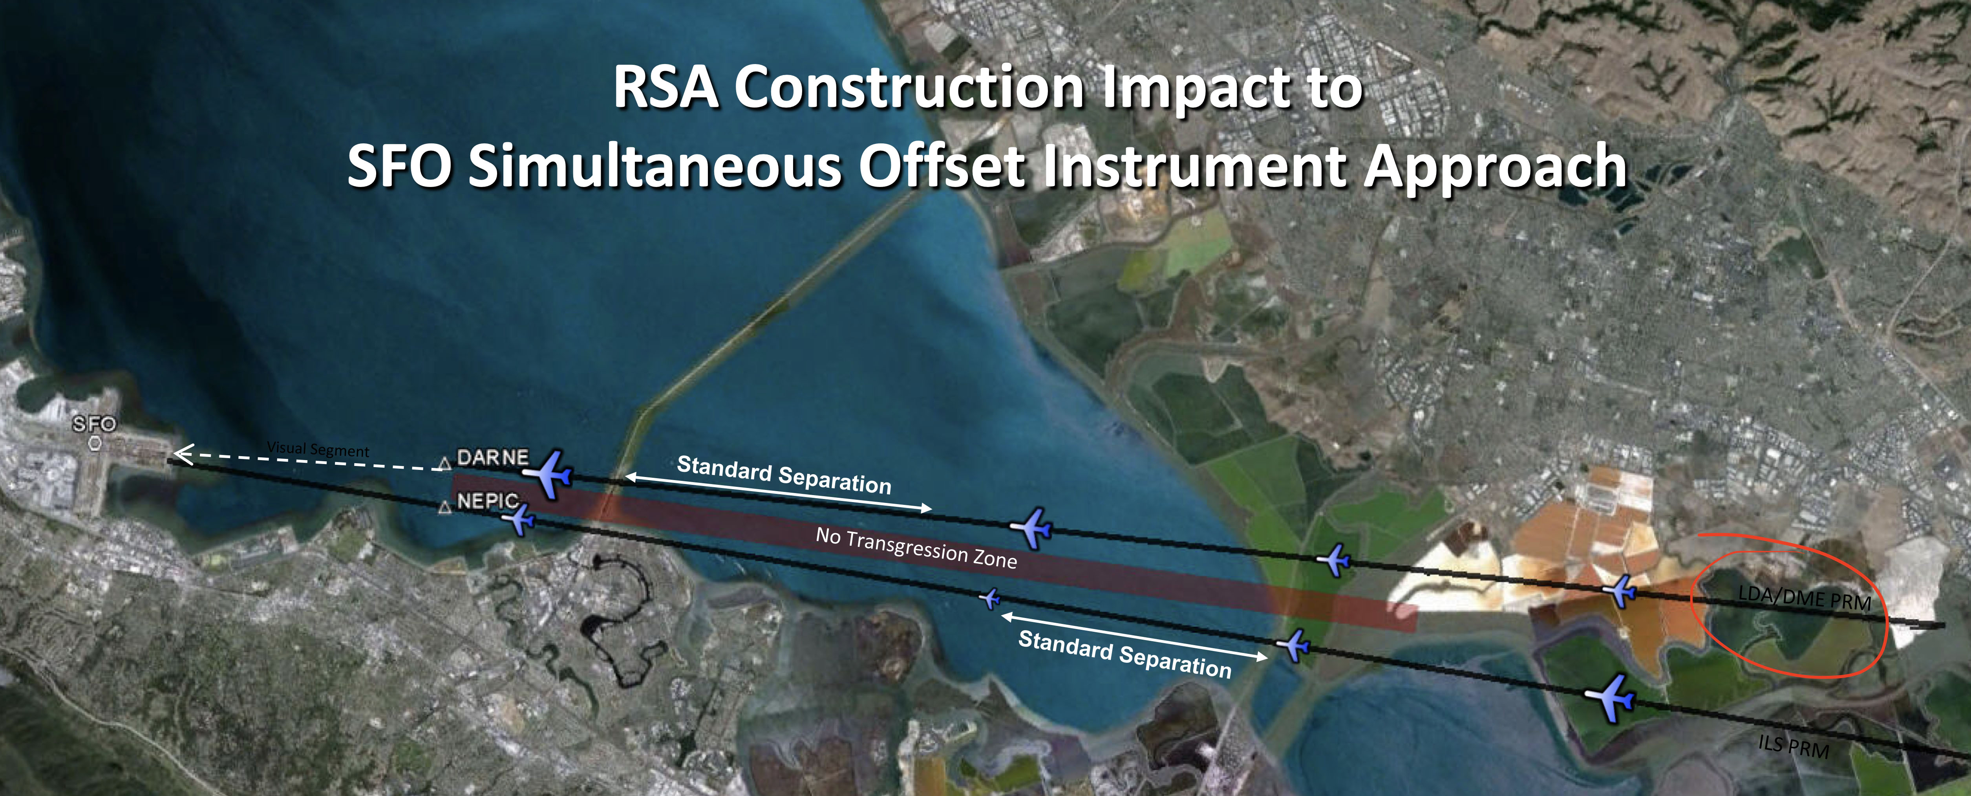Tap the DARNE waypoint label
click(492, 458)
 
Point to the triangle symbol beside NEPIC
click(443, 507)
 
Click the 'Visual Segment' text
click(318, 449)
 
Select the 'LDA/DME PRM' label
click(1804, 597)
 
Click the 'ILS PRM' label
click(1793, 744)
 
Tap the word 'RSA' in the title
click(666, 88)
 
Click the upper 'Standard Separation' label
click(784, 475)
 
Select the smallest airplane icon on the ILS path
click(990, 598)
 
